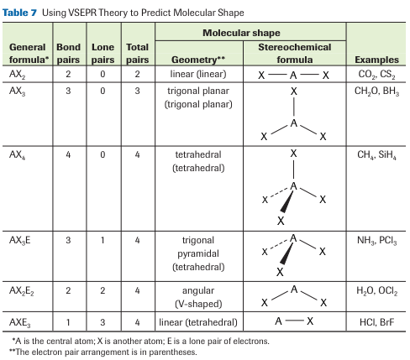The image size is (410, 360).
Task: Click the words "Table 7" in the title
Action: tap(19, 13)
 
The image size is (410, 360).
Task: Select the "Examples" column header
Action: tap(376, 60)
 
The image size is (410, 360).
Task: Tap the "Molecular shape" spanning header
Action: tap(241, 33)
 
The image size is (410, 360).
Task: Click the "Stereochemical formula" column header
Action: tap(295, 53)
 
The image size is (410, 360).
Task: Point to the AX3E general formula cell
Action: tap(20, 241)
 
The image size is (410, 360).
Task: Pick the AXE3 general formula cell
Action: tap(20, 323)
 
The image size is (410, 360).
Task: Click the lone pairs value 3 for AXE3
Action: tap(102, 322)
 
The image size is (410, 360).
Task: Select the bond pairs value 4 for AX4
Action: tap(68, 154)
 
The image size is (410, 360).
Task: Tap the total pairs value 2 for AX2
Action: tap(137, 74)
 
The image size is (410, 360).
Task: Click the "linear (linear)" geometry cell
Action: tap(198, 74)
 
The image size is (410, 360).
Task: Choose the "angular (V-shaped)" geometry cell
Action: tap(198, 297)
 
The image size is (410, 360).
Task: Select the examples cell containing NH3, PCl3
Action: tap(377, 241)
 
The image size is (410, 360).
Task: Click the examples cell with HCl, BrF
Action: tap(376, 322)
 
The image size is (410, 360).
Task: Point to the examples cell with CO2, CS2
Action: tap(376, 75)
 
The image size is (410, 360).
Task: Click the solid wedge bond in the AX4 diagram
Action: tap(286, 201)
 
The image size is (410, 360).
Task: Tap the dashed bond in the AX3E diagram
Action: tap(279, 244)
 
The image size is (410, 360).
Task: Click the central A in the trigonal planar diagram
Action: tap(293, 123)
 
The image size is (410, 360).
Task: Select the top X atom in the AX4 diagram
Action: tap(293, 154)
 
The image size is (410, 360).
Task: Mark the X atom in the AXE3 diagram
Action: tap(310, 321)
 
